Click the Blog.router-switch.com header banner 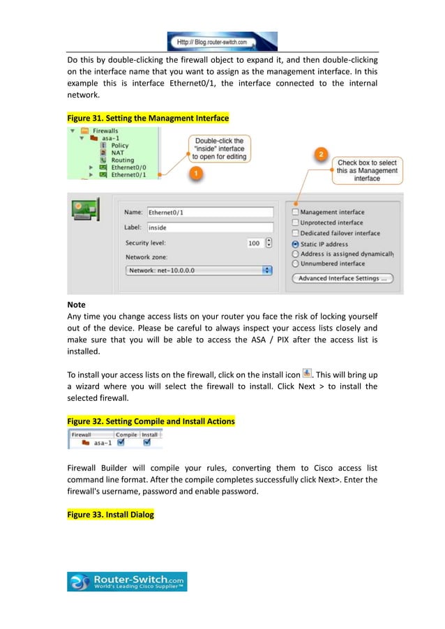pyautogui.click(x=222, y=41)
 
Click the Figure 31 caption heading pyautogui.click(x=148, y=119)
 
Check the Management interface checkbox pyautogui.click(x=296, y=212)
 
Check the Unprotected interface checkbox pyautogui.click(x=296, y=222)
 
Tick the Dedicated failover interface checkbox pyautogui.click(x=296, y=233)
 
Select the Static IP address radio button pyautogui.click(x=296, y=244)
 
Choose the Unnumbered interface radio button pyautogui.click(x=296, y=264)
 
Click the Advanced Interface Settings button pyautogui.click(x=342, y=278)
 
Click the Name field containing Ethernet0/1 pyautogui.click(x=209, y=212)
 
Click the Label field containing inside pyautogui.click(x=209, y=227)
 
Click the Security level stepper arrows pyautogui.click(x=269, y=243)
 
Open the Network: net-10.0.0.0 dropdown pyautogui.click(x=199, y=270)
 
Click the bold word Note pyautogui.click(x=76, y=305)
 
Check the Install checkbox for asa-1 pyautogui.click(x=147, y=442)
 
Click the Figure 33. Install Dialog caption pyautogui.click(x=110, y=515)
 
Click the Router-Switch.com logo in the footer pyautogui.click(x=127, y=582)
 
